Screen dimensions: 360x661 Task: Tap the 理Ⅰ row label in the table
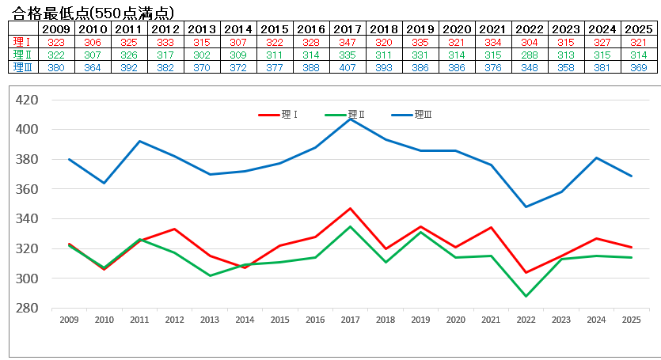pyautogui.click(x=22, y=42)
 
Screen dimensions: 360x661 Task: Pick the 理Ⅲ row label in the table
pyautogui.click(x=22, y=67)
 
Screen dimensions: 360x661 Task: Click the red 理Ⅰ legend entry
pyautogui.click(x=279, y=115)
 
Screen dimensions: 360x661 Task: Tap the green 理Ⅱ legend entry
pyautogui.click(x=345, y=115)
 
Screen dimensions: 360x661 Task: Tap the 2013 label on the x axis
pyautogui.click(x=209, y=320)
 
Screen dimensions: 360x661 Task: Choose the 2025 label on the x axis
pyautogui.click(x=631, y=320)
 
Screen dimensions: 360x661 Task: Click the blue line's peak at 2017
pyautogui.click(x=350, y=119)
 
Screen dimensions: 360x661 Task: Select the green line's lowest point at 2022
pyautogui.click(x=526, y=296)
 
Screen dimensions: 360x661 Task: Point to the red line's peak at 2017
pyautogui.click(x=350, y=208)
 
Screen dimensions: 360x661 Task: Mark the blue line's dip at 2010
pyautogui.click(x=104, y=183)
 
